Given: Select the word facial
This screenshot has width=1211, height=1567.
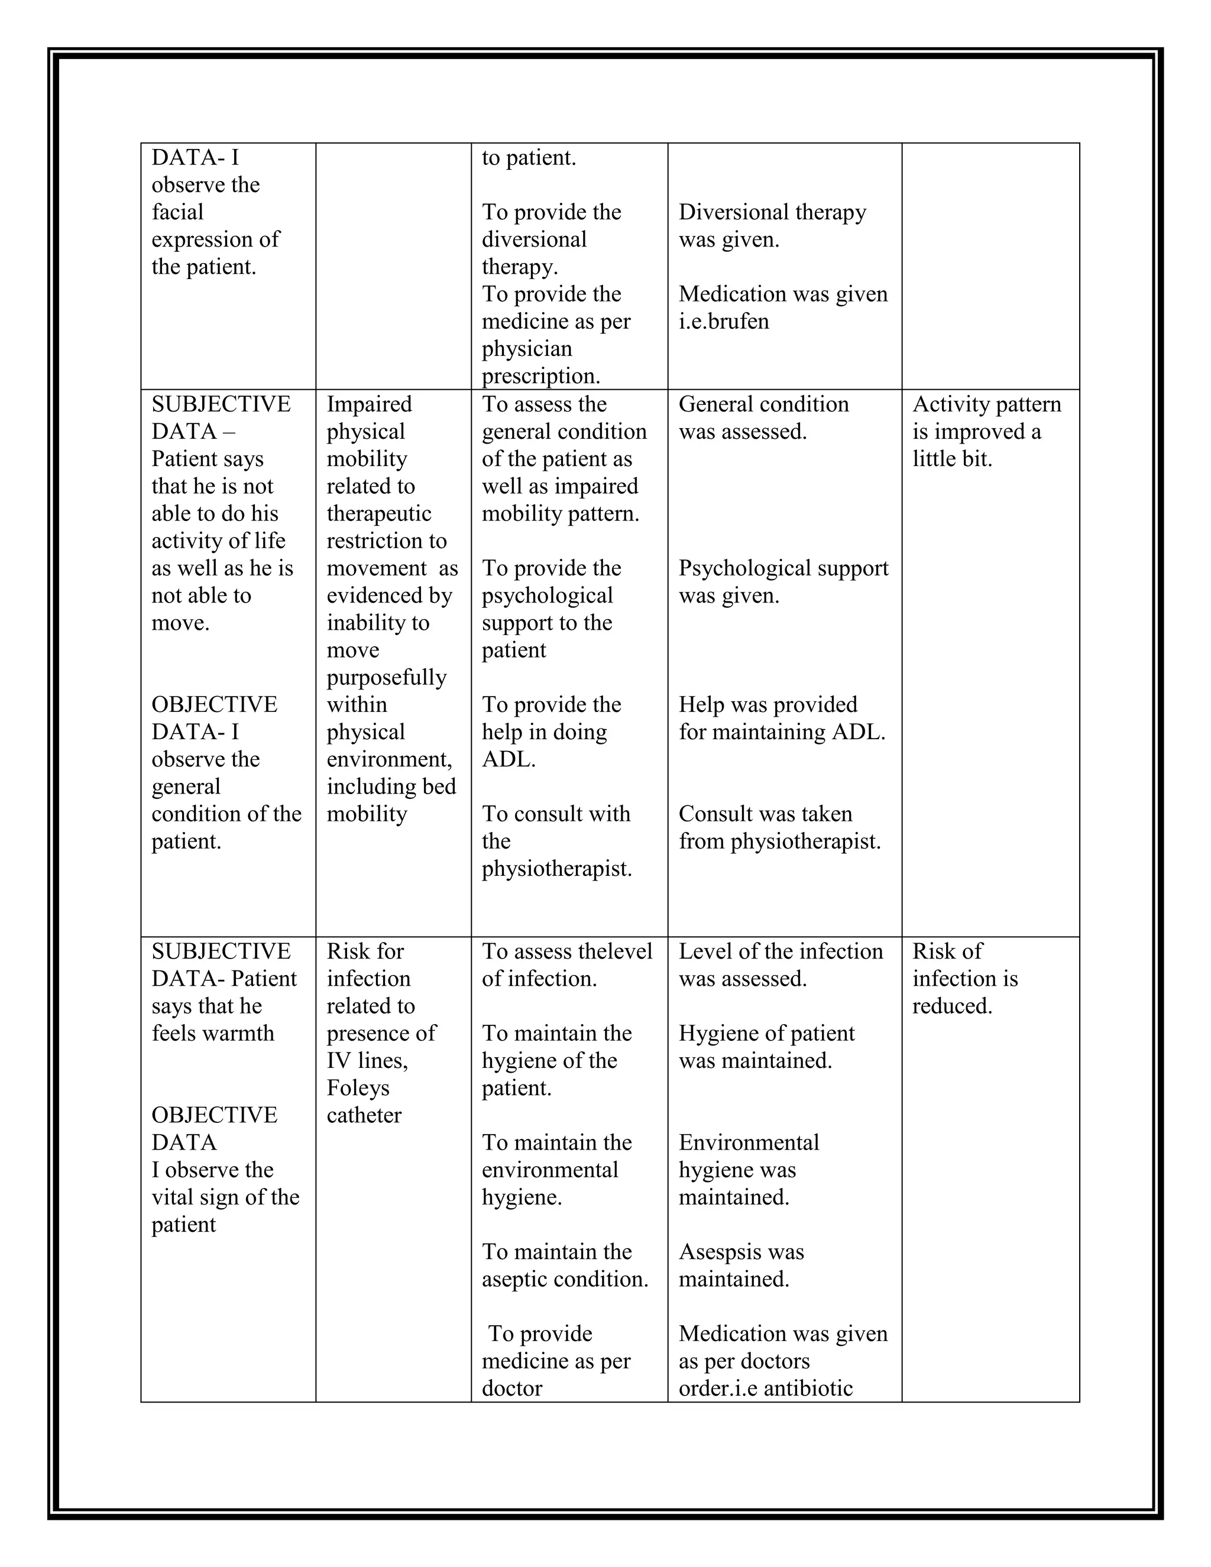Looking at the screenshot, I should pyautogui.click(x=177, y=212).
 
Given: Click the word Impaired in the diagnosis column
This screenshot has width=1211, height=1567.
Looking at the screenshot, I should pyautogui.click(x=369, y=404).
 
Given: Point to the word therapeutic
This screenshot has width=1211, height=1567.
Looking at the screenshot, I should pyautogui.click(x=379, y=514).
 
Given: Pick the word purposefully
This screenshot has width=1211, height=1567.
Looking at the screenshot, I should pyautogui.click(x=387, y=677).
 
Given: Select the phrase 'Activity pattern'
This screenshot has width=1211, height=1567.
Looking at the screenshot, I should pyautogui.click(x=986, y=404).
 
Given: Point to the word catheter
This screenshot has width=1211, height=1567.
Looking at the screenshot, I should pyautogui.click(x=364, y=1116).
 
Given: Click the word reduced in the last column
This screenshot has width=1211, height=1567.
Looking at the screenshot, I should pyautogui.click(x=951, y=1006).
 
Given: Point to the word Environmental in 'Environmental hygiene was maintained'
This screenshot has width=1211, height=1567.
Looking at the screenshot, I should pyautogui.click(x=748, y=1143).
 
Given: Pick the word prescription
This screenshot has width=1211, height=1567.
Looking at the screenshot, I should pyautogui.click(x=540, y=377).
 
